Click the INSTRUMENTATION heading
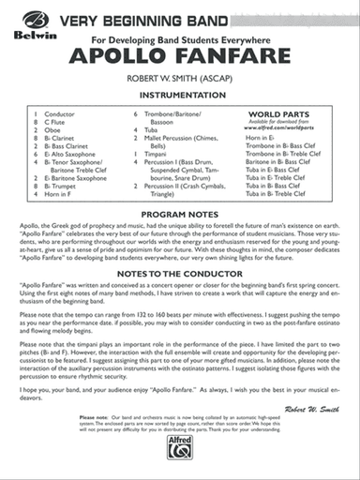[x=180, y=95]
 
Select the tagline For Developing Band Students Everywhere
[x=180, y=39]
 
